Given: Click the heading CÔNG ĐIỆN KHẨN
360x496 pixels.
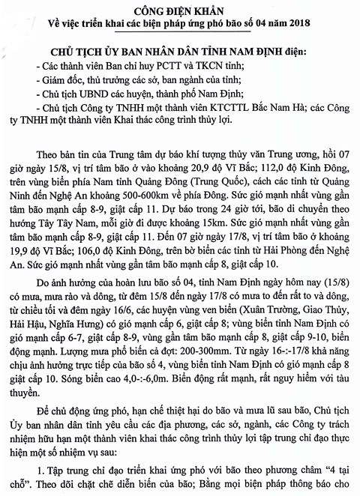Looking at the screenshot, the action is click(x=180, y=11).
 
